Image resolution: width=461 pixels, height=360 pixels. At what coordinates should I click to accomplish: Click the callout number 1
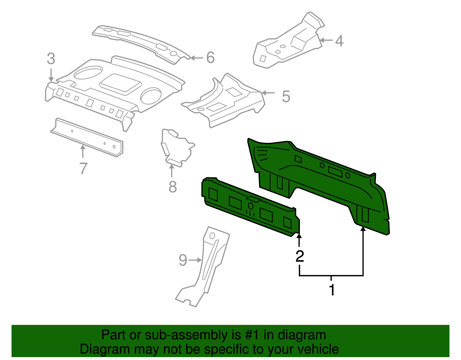point(332,290)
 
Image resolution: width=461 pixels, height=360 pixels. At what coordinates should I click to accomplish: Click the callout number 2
point(300,256)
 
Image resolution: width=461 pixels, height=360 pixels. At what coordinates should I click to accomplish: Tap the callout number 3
point(51,59)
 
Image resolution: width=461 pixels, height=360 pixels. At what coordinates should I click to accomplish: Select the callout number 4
point(339,41)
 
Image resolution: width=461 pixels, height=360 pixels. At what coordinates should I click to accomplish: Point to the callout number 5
point(286,96)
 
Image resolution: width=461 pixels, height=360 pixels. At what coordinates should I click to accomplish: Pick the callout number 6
point(210,58)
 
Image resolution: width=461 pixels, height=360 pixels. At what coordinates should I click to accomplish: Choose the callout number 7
point(83,168)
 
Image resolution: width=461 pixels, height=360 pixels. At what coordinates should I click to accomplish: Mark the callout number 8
point(172,187)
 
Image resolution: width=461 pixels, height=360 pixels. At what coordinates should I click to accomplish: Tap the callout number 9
point(183,260)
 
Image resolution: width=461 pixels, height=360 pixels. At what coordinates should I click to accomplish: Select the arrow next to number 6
point(197,58)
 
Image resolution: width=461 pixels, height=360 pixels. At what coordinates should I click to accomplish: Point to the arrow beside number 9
point(195,260)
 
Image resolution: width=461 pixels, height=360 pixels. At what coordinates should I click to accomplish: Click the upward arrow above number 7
point(83,151)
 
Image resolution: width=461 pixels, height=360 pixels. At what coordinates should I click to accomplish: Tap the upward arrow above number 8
point(172,171)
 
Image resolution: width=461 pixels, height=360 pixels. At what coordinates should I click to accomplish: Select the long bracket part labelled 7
point(86,137)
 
